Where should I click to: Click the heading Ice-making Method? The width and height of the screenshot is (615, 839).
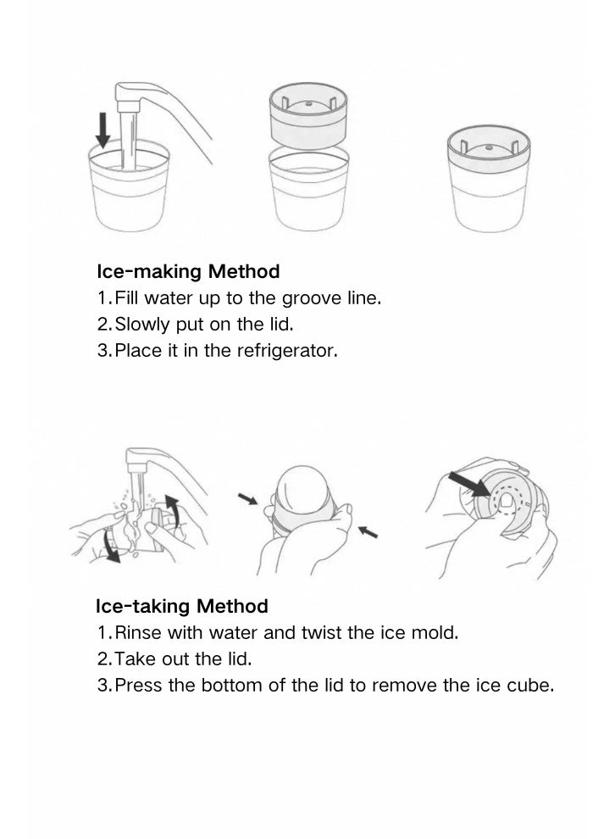tap(188, 271)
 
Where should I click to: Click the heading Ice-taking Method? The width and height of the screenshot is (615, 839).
tap(182, 606)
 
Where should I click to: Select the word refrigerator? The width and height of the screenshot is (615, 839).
tap(287, 351)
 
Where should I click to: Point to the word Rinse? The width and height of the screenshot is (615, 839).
tap(138, 632)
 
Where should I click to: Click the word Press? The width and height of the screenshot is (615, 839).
tap(138, 685)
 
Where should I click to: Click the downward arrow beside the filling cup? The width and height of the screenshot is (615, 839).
tap(102, 130)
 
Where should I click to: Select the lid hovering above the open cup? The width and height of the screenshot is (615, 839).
tap(308, 114)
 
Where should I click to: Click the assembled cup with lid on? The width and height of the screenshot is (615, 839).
tap(489, 180)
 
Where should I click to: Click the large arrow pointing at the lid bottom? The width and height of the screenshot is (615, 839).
tap(469, 484)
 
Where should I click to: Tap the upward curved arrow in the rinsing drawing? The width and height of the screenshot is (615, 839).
tap(172, 510)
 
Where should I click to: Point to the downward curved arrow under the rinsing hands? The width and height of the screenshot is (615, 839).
tap(111, 547)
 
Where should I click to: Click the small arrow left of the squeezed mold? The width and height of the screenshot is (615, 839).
tap(247, 498)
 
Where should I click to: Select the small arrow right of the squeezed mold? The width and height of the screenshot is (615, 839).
tap(368, 532)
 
